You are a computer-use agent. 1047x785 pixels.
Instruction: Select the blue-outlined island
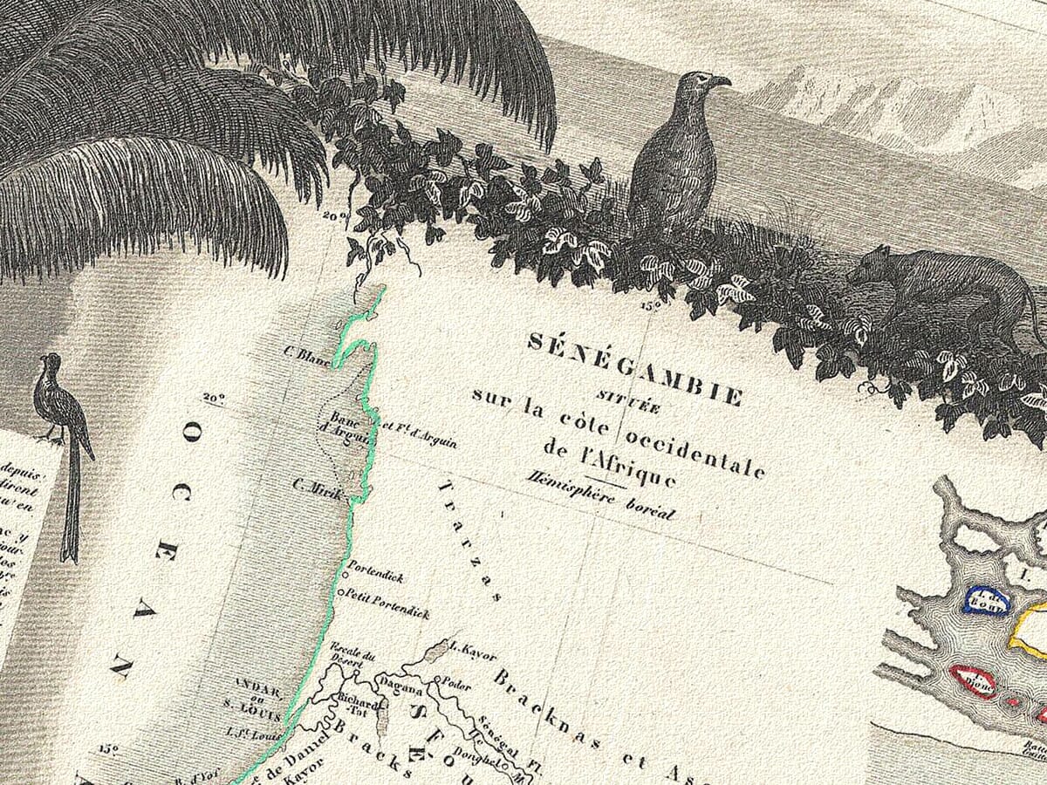coord(987,601)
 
